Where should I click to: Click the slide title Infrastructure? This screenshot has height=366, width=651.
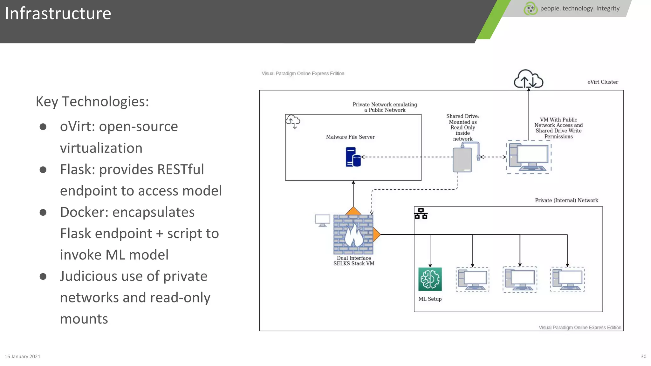58,14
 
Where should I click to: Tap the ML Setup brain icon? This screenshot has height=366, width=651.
430,279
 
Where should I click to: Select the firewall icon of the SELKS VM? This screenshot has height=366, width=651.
353,234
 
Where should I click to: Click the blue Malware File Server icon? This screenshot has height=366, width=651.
353,157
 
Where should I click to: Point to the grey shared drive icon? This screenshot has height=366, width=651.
463,159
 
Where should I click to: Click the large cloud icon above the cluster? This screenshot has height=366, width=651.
528,79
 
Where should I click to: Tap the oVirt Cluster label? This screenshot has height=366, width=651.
602,82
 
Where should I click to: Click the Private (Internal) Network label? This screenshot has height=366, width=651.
566,200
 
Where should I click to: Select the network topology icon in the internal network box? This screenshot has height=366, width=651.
421,214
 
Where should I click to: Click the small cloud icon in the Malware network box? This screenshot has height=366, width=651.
293,121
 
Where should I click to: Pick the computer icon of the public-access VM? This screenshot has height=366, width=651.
529,157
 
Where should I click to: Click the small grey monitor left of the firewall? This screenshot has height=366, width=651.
322,220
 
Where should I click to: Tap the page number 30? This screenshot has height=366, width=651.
643,356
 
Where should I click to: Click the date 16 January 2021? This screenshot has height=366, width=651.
23,356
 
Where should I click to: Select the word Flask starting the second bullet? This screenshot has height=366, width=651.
77,169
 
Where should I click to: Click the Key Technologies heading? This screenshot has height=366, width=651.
92,102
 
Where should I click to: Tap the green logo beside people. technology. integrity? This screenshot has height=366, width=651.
530,9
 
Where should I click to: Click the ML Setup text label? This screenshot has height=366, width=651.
430,299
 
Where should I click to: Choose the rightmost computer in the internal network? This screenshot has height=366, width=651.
567,280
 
